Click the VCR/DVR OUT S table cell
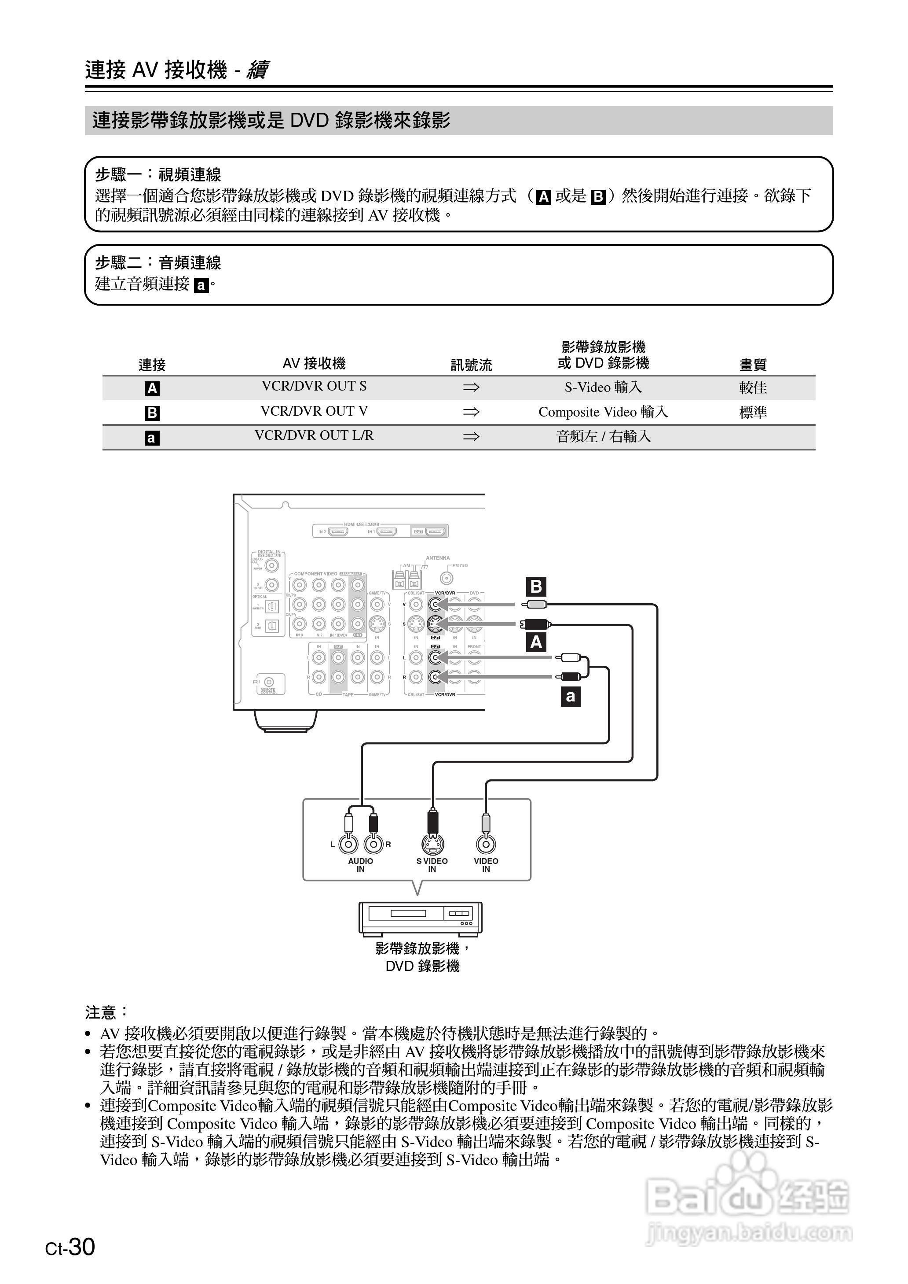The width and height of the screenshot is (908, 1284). pyautogui.click(x=314, y=386)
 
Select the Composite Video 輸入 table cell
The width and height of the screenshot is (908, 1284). pyautogui.click(x=603, y=412)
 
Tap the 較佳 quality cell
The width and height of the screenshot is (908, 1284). pyautogui.click(x=753, y=388)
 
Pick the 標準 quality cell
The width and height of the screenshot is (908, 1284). pyautogui.click(x=753, y=412)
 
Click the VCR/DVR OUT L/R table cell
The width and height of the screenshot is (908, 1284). pyautogui.click(x=314, y=435)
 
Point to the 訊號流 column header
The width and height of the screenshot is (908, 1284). pyautogui.click(x=471, y=365)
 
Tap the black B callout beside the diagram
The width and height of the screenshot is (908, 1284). pyautogui.click(x=536, y=587)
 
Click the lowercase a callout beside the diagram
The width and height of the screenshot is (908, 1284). pyautogui.click(x=570, y=697)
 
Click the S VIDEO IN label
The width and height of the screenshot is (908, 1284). pyautogui.click(x=432, y=865)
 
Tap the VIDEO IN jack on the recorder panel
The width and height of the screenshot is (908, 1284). pyautogui.click(x=486, y=844)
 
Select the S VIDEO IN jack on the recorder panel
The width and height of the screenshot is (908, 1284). pyautogui.click(x=432, y=843)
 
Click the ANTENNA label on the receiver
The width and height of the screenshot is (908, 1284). pyautogui.click(x=437, y=558)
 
